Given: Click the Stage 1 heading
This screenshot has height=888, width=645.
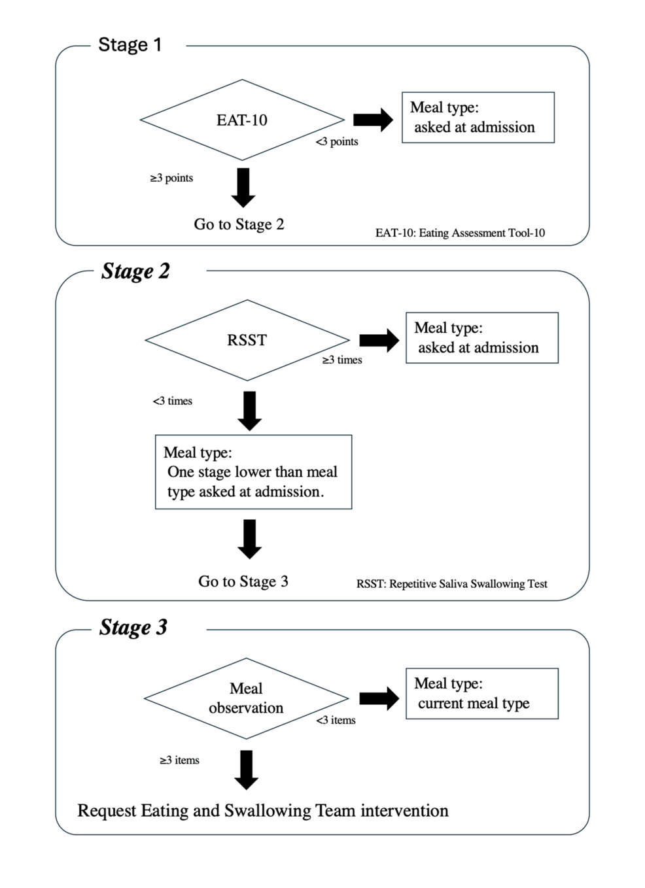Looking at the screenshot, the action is click(x=130, y=44).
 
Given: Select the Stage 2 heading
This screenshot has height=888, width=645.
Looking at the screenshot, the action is click(x=135, y=271).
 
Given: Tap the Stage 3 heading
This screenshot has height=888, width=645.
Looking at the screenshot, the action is click(x=133, y=627).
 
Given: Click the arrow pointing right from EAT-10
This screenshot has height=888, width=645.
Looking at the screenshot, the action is click(x=373, y=120).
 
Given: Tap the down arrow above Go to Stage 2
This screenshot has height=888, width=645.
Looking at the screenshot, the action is click(x=243, y=188).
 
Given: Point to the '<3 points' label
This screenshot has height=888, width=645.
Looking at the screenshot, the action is click(x=337, y=141).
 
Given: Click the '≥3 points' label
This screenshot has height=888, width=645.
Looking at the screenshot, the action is click(x=172, y=178).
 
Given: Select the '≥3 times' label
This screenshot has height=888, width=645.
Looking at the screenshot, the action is click(x=342, y=360).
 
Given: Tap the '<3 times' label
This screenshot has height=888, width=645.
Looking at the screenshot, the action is click(x=173, y=401).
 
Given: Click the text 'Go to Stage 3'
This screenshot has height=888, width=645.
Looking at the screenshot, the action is click(x=243, y=581).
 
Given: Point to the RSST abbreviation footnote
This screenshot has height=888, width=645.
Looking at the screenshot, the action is click(x=452, y=584).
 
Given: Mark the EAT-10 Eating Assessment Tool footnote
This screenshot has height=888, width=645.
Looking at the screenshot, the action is click(x=460, y=233).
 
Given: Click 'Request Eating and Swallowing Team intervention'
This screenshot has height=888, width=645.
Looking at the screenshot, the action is click(x=263, y=811).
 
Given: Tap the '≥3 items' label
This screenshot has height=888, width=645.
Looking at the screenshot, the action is click(x=180, y=760).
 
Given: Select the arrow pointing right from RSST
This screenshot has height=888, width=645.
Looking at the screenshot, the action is click(x=379, y=340).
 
